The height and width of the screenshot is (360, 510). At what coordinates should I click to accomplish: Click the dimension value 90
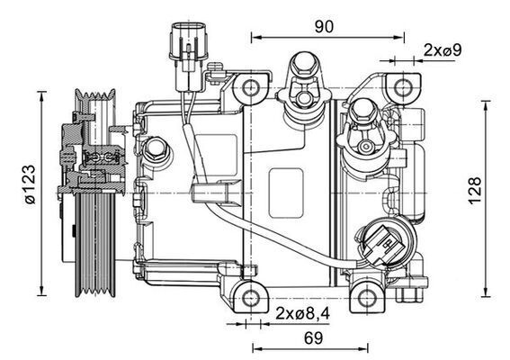click(x=324, y=26)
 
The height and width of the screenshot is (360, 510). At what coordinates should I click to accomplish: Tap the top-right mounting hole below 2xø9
click(x=397, y=87)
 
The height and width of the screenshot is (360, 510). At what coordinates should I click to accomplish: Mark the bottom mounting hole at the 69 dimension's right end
click(x=364, y=294)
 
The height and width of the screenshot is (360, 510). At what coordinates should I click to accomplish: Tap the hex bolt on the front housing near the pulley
click(x=157, y=149)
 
